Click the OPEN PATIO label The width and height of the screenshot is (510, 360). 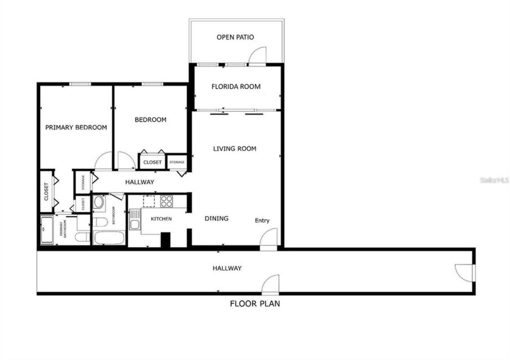tap(235, 38)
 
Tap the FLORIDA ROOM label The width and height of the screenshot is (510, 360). tap(236, 87)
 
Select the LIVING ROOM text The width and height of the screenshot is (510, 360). tap(234, 149)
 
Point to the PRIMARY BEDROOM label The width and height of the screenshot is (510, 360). tap(76, 128)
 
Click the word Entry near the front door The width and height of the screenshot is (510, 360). tap(262, 221)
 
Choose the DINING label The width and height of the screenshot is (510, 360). tap(216, 219)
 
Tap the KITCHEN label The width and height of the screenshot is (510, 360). tap(161, 219)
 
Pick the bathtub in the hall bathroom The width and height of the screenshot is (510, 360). tap(109, 237)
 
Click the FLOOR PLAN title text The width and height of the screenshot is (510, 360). tap(254, 304)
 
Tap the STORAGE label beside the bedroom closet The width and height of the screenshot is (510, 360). tap(177, 162)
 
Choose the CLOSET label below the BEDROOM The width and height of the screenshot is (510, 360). tap(152, 163)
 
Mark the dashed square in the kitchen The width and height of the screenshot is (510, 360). tap(149, 200)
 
